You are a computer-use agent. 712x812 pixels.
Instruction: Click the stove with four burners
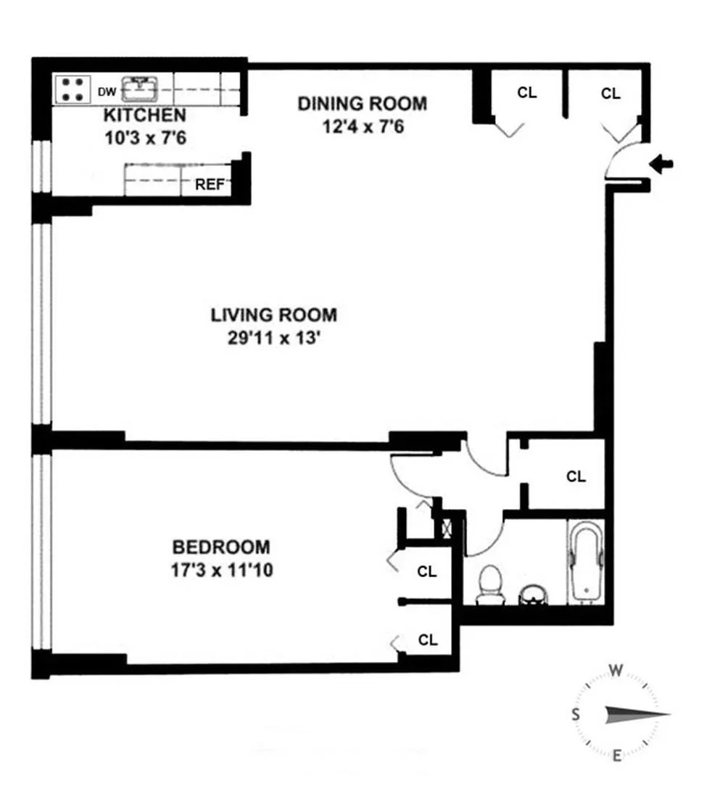pyautogui.click(x=73, y=89)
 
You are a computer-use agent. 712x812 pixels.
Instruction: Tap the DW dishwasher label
pyautogui.click(x=107, y=92)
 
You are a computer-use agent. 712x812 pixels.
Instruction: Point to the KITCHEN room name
pyautogui.click(x=144, y=115)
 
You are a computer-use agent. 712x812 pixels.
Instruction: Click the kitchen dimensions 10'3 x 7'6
pyautogui.click(x=145, y=137)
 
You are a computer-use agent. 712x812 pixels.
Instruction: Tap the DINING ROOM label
pyautogui.click(x=363, y=104)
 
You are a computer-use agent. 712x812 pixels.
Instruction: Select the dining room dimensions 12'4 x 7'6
pyautogui.click(x=363, y=127)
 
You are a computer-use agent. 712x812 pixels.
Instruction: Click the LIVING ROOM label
pyautogui.click(x=274, y=315)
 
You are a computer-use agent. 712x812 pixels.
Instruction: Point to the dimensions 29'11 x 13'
pyautogui.click(x=274, y=338)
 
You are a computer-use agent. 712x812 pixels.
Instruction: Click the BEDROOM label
pyautogui.click(x=221, y=547)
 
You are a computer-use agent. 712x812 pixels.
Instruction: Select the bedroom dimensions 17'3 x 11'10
pyautogui.click(x=221, y=571)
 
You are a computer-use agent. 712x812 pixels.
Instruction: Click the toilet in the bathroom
pyautogui.click(x=491, y=584)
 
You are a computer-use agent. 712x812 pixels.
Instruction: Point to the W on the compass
pyautogui.click(x=616, y=671)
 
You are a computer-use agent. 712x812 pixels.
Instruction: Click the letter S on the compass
pyautogui.click(x=576, y=714)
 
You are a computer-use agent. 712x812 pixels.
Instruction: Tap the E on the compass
pyautogui.click(x=616, y=757)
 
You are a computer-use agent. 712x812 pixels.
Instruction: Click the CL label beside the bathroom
pyautogui.click(x=576, y=477)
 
